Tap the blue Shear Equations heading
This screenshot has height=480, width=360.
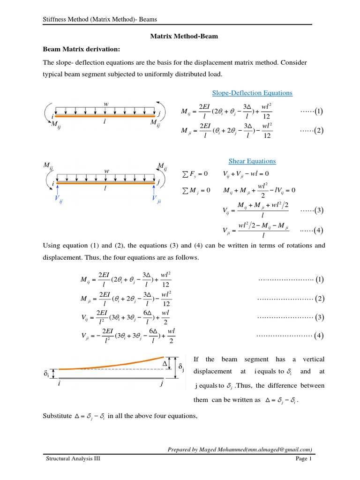click(252, 161)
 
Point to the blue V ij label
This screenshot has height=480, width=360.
click(58, 199)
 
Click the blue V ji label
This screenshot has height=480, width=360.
click(157, 199)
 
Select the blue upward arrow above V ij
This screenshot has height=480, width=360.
click(57, 190)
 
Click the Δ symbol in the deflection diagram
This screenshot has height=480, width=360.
click(165, 364)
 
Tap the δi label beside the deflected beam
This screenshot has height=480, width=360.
click(46, 374)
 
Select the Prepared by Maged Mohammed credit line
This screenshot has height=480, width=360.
click(240, 449)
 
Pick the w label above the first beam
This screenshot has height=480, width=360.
click(105, 104)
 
